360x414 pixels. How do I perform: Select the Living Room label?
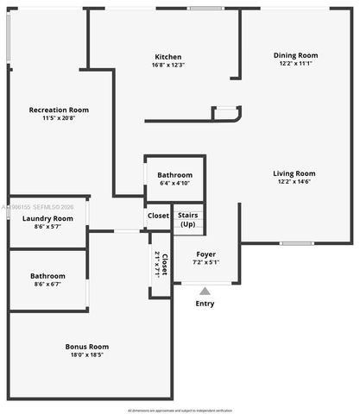294,172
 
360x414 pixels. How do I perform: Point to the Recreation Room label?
59,110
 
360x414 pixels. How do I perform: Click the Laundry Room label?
47,218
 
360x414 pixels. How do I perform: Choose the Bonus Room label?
87,347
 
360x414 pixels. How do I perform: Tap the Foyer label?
205,254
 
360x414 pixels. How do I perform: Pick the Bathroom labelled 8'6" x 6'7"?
47,276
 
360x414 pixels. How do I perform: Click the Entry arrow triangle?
205,291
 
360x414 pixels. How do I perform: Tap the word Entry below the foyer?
205,304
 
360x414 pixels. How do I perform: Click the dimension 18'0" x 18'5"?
87,354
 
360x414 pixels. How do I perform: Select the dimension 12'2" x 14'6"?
294,181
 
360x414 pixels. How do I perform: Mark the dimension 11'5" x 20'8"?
59,118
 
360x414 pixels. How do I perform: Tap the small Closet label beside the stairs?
158,216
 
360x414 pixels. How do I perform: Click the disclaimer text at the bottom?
180,410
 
